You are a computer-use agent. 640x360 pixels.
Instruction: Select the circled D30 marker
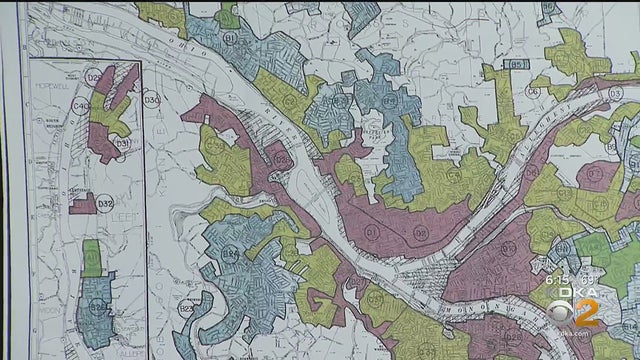click(151, 100)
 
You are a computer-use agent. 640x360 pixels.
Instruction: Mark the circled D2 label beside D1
click(420, 234)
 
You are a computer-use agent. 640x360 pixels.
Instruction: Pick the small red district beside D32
click(83, 203)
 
